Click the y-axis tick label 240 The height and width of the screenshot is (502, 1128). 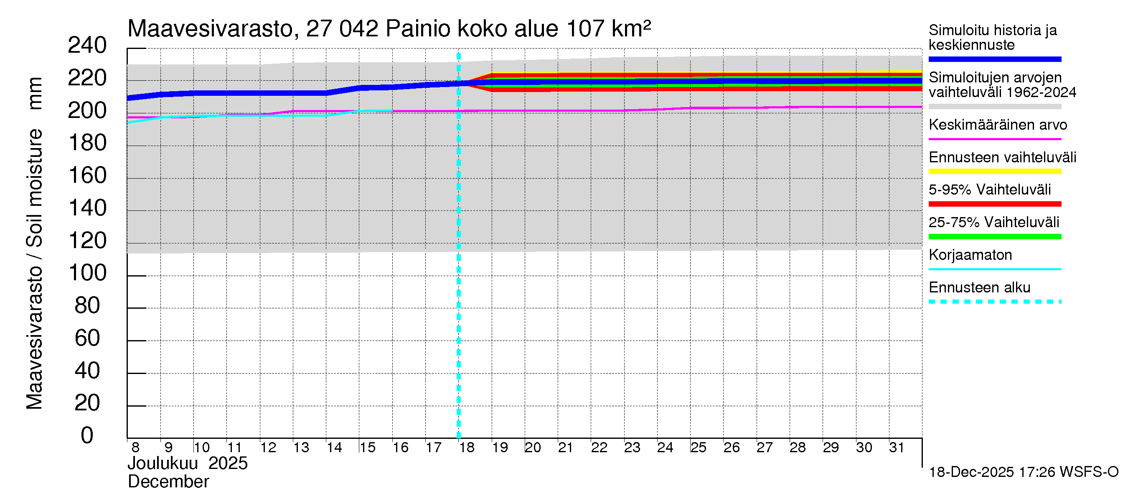tap(87, 46)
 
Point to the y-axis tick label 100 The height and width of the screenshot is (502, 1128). tap(87, 273)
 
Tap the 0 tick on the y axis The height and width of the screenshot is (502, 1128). tap(87, 435)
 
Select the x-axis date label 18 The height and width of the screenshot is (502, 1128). tap(467, 448)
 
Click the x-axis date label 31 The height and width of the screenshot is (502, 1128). tap(897, 448)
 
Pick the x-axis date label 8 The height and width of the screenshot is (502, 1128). tap(135, 448)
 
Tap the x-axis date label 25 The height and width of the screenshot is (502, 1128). tap(699, 448)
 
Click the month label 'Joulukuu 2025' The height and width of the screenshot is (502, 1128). tap(188, 464)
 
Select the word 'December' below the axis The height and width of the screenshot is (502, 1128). tap(168, 482)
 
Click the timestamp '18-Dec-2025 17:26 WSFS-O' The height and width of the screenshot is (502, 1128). tap(1023, 472)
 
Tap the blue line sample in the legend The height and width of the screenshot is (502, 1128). tap(994, 59)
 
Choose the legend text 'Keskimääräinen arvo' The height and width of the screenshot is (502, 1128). tap(998, 125)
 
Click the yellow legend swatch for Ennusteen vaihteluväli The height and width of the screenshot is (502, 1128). tap(994, 172)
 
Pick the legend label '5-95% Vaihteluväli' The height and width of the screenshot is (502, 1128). tap(990, 190)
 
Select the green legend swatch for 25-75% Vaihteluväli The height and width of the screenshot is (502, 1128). tap(994, 237)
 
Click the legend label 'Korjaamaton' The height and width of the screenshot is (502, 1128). tap(970, 255)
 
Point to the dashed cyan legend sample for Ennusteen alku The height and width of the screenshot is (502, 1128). tap(994, 302)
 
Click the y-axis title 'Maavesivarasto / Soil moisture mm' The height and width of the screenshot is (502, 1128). tap(34, 243)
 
